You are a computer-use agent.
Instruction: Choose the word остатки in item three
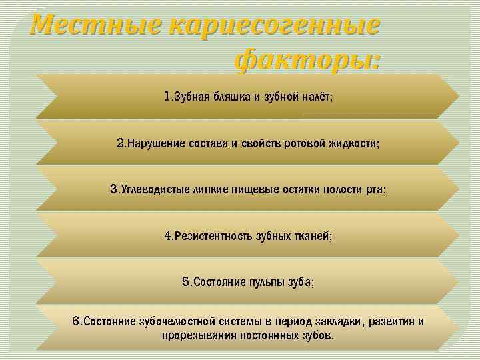coord(293,190)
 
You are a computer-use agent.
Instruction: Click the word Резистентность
coord(213,236)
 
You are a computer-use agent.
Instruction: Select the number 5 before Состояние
coord(185,282)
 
